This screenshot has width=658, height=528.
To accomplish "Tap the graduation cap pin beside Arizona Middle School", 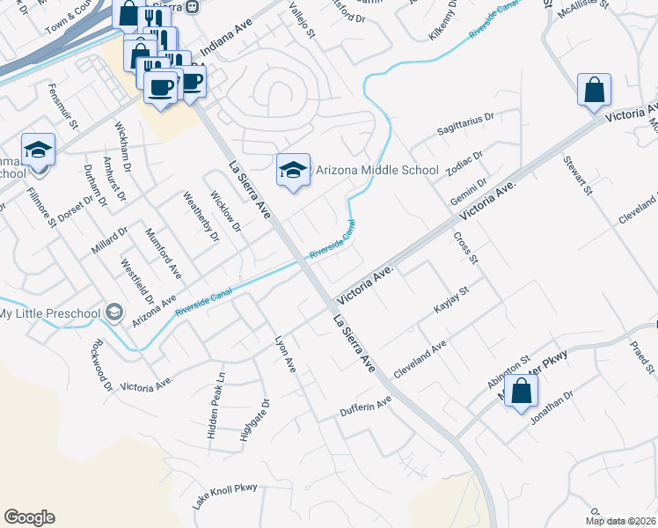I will point(294,171).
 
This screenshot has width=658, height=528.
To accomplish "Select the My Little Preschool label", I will point(49,313).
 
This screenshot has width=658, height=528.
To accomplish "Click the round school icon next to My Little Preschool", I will point(113,312).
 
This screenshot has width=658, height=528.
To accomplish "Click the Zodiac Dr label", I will point(465,165).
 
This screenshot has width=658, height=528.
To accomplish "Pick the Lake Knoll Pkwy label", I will point(225,497).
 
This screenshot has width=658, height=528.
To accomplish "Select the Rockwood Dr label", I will point(101,363).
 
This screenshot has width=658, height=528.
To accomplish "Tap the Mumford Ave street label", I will point(164,257).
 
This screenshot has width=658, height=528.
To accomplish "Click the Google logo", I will point(29,517).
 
